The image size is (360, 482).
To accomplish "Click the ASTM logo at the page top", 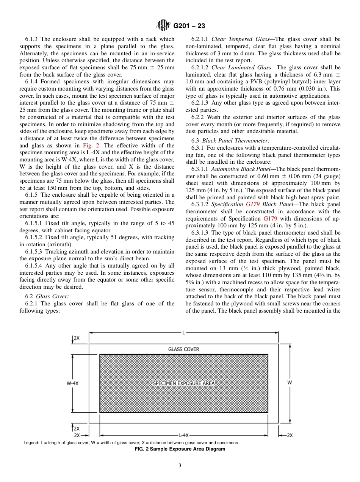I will [163, 25].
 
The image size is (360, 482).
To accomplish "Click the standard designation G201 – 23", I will [189, 26].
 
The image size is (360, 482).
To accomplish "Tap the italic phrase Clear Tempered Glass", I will [243, 39].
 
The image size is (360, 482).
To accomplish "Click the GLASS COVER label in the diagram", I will [183, 349].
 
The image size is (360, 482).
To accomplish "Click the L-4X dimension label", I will [184, 435].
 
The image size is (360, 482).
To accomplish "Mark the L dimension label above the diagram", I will [184, 333].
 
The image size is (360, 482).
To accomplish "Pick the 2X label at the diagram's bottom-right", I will [289, 435].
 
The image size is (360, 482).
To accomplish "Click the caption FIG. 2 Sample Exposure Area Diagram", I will [180, 449].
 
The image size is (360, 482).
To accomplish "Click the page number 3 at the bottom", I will [180, 466].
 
